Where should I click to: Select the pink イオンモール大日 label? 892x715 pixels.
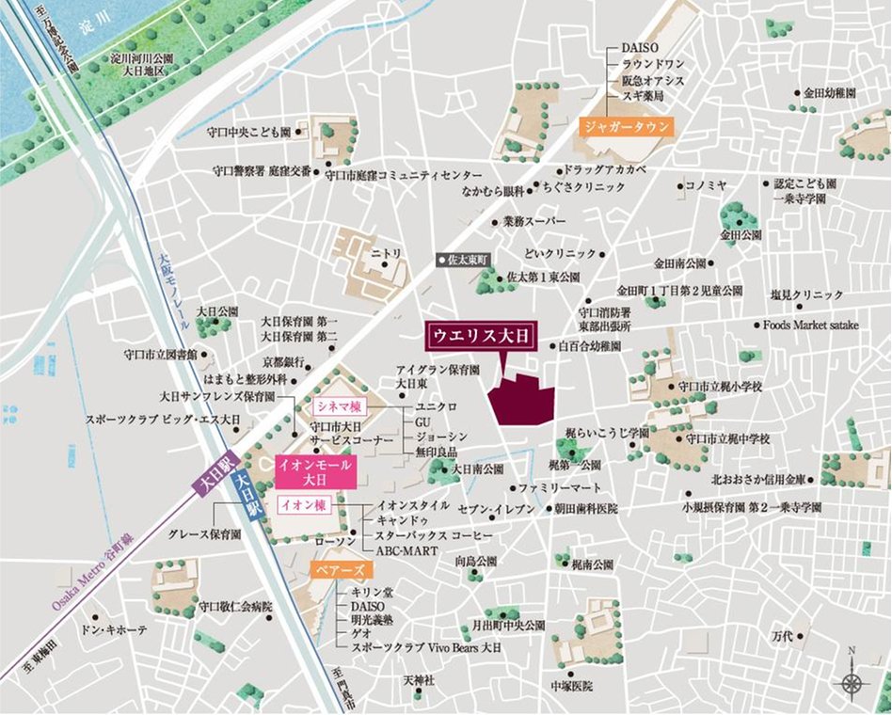pyautogui.click(x=315, y=471)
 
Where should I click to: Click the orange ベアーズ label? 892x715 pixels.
pyautogui.click(x=341, y=569)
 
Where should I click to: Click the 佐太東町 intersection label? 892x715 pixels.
pyautogui.click(x=468, y=258)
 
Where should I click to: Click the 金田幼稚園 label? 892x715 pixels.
pyautogui.click(x=829, y=93)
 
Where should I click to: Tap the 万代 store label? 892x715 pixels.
pyautogui.click(x=782, y=637)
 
